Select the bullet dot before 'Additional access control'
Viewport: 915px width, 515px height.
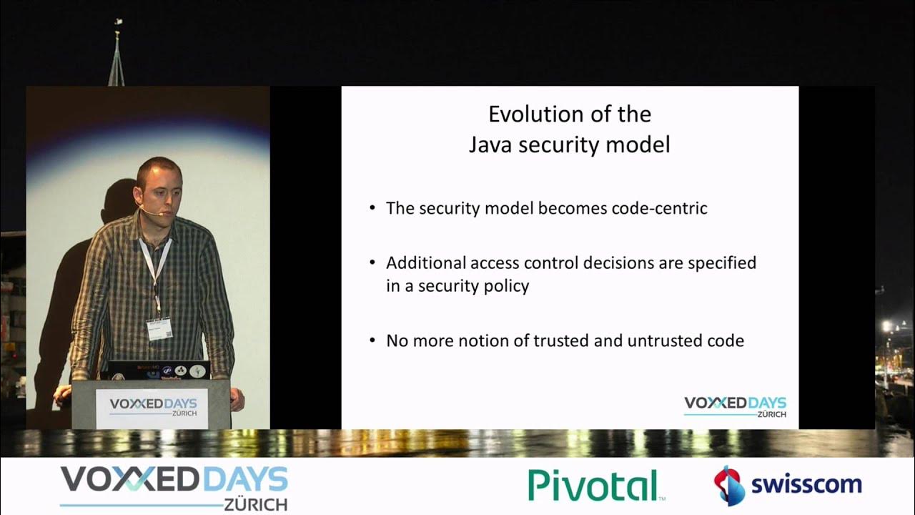click(372, 263)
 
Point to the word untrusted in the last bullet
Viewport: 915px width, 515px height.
click(663, 341)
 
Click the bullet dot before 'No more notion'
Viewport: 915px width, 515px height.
click(372, 340)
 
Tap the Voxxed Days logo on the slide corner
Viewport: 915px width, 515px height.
click(735, 406)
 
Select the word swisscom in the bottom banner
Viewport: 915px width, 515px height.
click(806, 484)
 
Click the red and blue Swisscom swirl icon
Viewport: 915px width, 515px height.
click(729, 485)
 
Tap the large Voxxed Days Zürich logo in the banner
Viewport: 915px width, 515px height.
click(174, 486)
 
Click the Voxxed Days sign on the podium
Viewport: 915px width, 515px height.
click(152, 408)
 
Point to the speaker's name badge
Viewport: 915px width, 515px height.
click(159, 328)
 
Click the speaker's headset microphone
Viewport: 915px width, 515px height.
click(150, 212)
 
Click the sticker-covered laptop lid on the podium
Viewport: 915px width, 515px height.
click(159, 371)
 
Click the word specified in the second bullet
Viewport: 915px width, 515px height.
click(721, 263)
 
